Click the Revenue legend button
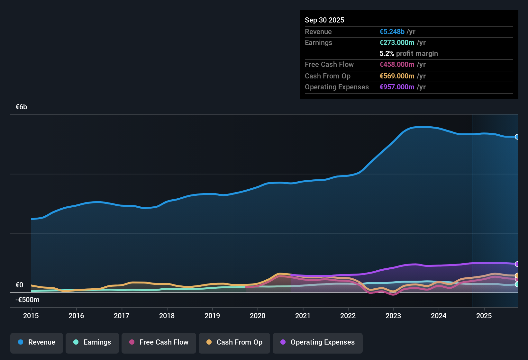click(x=37, y=342)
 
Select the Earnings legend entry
click(x=92, y=342)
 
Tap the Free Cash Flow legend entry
click(x=159, y=342)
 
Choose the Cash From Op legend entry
click(x=234, y=342)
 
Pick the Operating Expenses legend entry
click(x=318, y=342)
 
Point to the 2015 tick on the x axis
click(x=31, y=316)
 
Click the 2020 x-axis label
click(x=258, y=316)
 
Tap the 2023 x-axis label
click(x=393, y=316)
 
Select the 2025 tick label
click(x=484, y=316)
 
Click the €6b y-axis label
click(x=22, y=107)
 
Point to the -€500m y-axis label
click(x=27, y=300)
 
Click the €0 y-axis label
click(x=19, y=285)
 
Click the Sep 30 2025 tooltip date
click(x=324, y=20)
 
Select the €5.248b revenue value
click(x=392, y=32)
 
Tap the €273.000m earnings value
click(x=397, y=42)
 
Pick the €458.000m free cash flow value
click(x=397, y=64)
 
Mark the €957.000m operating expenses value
click(x=397, y=87)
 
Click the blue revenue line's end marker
click(x=517, y=137)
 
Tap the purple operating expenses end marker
click(x=517, y=264)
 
